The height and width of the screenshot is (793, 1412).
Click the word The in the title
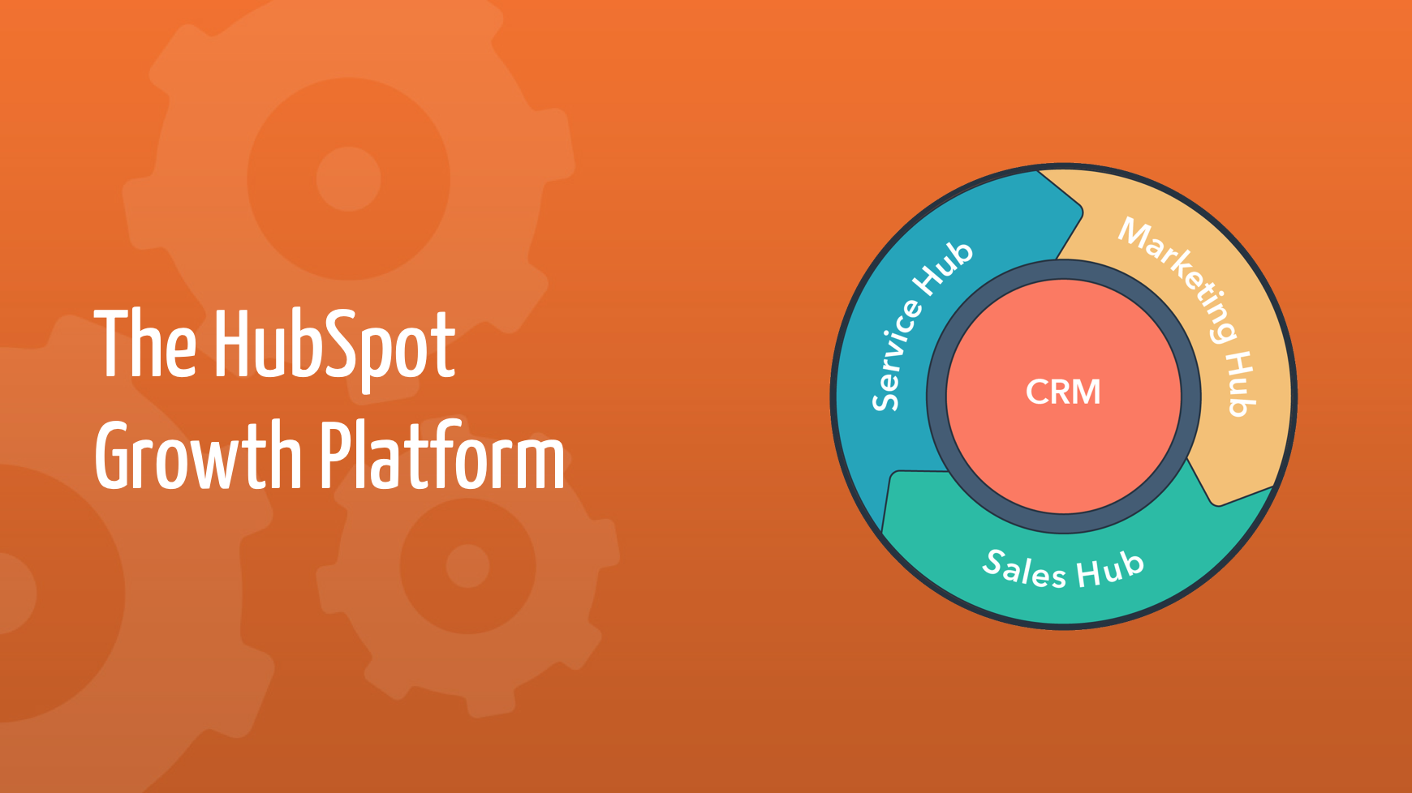pyautogui.click(x=145, y=345)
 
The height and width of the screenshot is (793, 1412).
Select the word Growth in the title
pyautogui.click(x=198, y=457)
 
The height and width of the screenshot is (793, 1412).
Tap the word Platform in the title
pyautogui.click(x=442, y=457)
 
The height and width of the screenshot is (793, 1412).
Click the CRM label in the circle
pyautogui.click(x=1063, y=392)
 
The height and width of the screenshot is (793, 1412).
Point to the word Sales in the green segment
pyautogui.click(x=1024, y=568)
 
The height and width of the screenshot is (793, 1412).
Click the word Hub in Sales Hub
pyautogui.click(x=1110, y=568)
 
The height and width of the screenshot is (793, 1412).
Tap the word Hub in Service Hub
pyautogui.click(x=943, y=268)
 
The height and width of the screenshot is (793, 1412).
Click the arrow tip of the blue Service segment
pyautogui.click(x=1079, y=212)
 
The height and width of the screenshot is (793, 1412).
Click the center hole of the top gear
pyautogui.click(x=348, y=178)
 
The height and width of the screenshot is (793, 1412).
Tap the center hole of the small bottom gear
pyautogui.click(x=467, y=565)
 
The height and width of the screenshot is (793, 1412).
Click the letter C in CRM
pyautogui.click(x=1038, y=392)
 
